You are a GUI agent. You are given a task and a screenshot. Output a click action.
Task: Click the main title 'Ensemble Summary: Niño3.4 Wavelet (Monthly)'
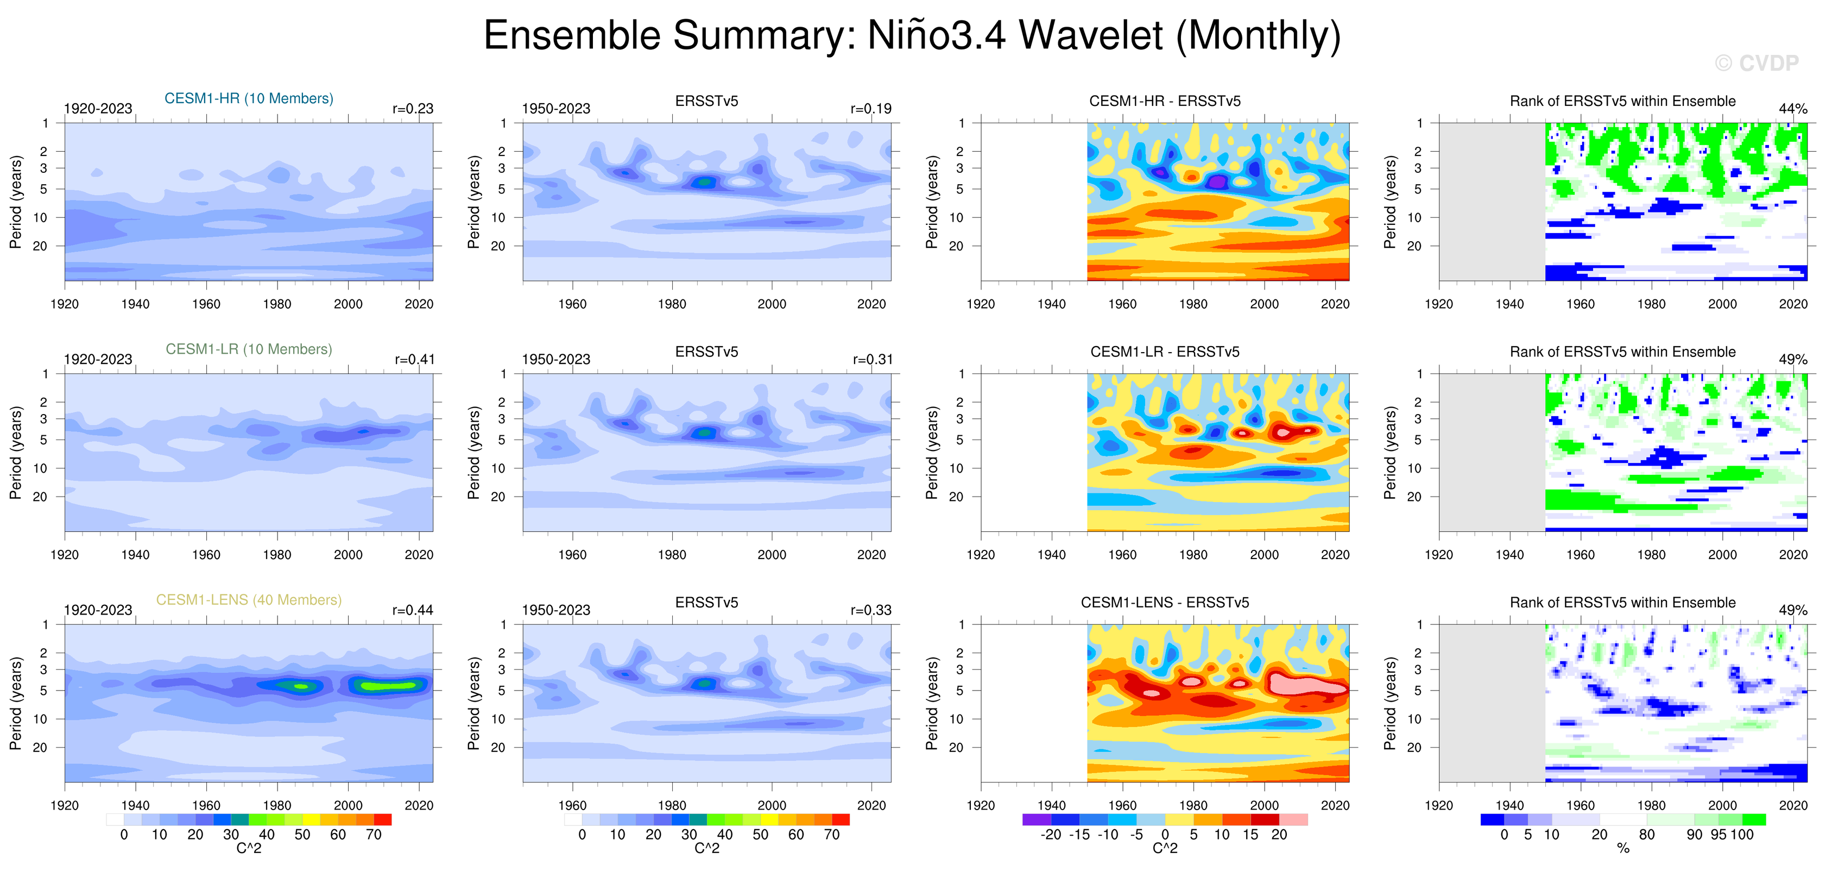click(912, 35)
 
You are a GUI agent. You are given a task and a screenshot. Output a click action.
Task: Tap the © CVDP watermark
click(1757, 63)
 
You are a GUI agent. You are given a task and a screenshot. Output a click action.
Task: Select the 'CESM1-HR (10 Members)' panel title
click(249, 98)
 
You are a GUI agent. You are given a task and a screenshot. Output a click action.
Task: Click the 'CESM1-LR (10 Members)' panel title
click(249, 349)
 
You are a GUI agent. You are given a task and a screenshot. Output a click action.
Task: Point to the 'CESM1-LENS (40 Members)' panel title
click(249, 600)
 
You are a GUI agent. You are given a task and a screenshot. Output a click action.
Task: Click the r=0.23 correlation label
click(413, 109)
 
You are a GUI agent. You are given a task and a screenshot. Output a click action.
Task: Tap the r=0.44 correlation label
click(413, 610)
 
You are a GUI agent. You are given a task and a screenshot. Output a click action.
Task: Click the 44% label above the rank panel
click(1793, 109)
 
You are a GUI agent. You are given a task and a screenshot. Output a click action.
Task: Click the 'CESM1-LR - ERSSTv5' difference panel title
click(1165, 352)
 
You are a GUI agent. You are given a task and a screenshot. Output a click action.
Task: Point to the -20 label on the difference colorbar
click(1051, 835)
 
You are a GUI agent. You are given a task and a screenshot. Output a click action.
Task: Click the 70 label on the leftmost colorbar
click(374, 835)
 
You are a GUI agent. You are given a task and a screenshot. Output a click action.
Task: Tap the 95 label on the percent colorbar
click(1718, 835)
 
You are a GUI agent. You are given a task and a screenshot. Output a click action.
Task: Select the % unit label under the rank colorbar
click(1623, 848)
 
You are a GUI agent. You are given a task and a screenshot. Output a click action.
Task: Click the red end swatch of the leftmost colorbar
click(383, 819)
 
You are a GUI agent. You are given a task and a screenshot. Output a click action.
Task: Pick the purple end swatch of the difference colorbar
click(1032, 819)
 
